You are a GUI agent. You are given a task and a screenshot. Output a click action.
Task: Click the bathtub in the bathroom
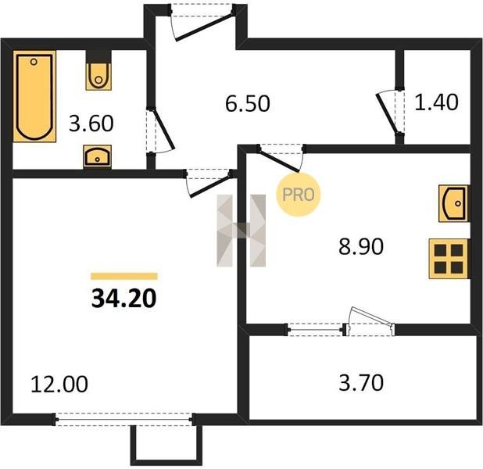coord(34,96)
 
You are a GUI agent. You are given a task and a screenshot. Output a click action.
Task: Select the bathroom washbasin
coord(98,156)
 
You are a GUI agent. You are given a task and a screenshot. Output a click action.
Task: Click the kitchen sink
coord(453,203)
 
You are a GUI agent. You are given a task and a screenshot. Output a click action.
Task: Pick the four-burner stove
coord(449,259)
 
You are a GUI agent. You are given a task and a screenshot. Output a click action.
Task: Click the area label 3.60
coord(91,124)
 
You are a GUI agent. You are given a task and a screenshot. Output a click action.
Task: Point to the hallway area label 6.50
coord(247,103)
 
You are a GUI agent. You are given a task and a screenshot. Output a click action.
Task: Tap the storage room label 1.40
coord(436,102)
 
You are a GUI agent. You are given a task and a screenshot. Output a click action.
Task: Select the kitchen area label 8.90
coord(361,246)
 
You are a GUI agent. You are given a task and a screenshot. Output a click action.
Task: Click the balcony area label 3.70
coord(361,382)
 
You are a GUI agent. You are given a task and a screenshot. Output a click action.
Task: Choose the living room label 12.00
coord(59,384)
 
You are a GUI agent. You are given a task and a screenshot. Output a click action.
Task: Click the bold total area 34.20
coord(124,299)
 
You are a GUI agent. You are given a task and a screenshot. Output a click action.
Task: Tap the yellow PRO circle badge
coord(299,194)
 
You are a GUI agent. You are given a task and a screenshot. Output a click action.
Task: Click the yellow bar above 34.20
coord(124,276)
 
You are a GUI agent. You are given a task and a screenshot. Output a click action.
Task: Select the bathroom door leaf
coord(165,129)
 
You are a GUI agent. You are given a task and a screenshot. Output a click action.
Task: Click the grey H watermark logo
coord(241,231)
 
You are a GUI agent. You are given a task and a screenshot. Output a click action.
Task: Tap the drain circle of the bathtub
coord(34,62)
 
